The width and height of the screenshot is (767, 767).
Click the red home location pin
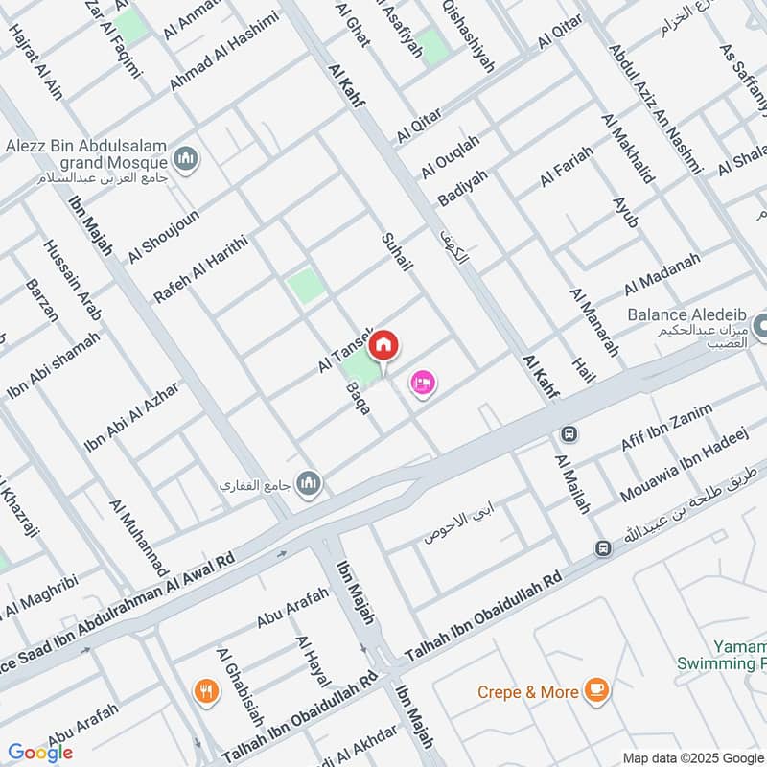click(383, 344)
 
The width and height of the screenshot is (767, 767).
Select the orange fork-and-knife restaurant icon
click(204, 689)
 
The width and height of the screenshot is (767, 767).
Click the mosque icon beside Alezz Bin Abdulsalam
click(186, 157)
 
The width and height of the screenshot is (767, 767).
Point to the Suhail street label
click(396, 251)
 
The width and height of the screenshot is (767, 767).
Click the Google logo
click(40, 753)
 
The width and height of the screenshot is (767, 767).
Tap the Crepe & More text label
click(530, 692)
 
